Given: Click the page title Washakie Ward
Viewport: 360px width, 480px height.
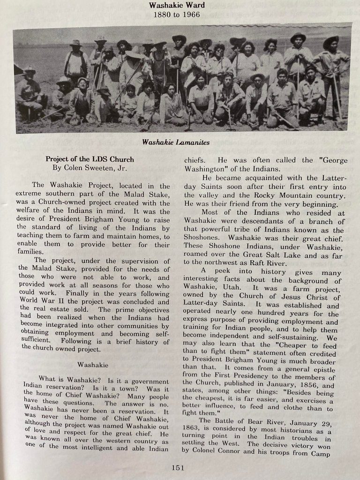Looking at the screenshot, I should [x=173, y=6].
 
